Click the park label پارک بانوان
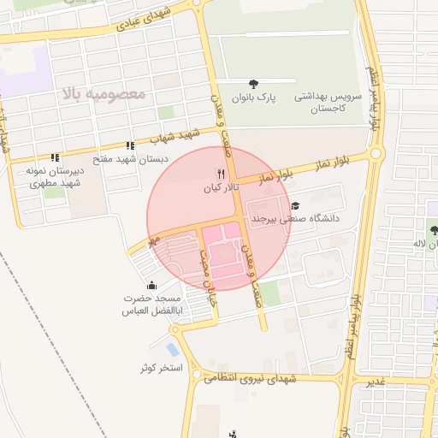coord(253,97)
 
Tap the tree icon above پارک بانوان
coord(253,83)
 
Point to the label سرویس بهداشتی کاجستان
coord(328,104)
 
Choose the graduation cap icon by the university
coord(296,205)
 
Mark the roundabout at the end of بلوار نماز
coord(376,155)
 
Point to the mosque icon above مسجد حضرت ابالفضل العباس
coord(152,285)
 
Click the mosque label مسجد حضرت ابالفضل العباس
coord(151,304)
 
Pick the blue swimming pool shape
coord(174,350)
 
